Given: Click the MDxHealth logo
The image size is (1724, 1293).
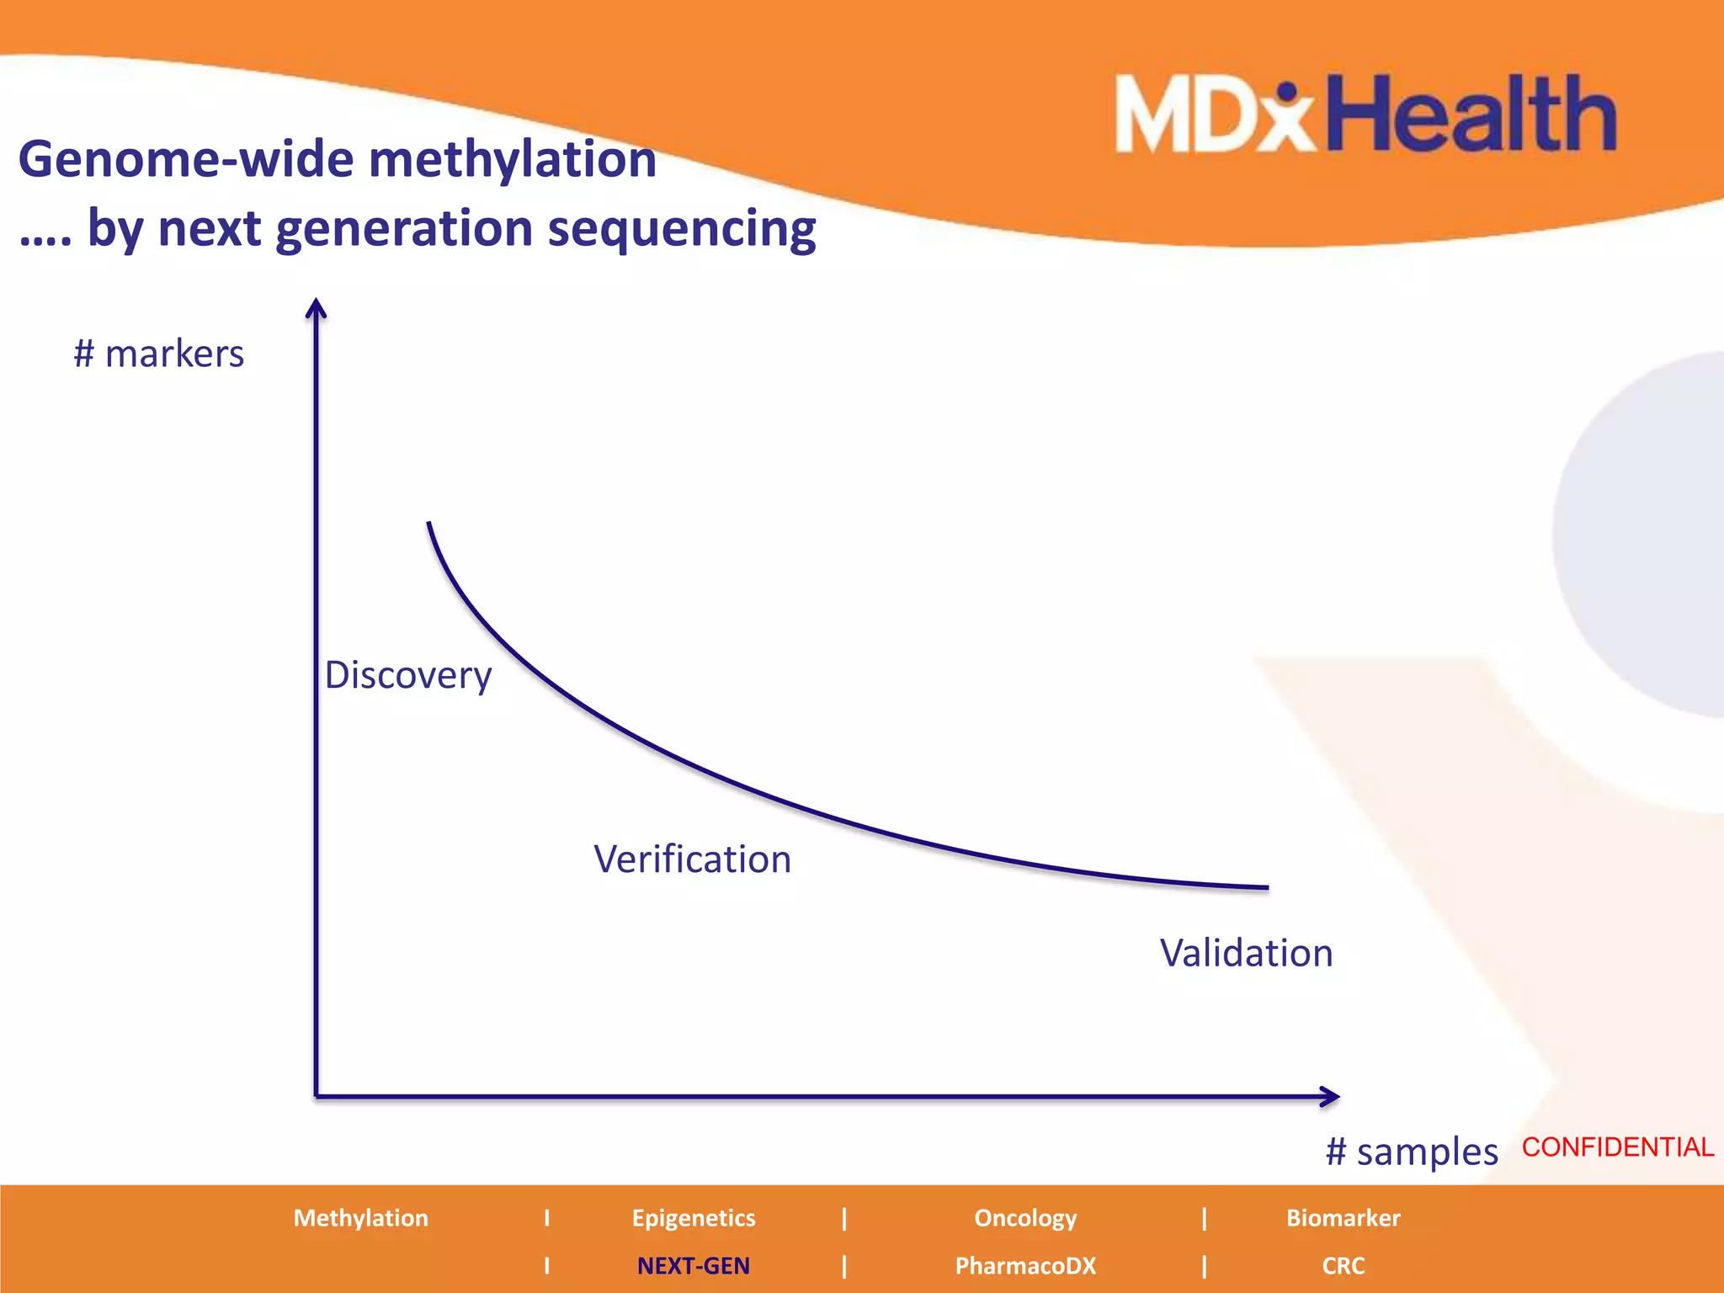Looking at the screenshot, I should [1365, 114].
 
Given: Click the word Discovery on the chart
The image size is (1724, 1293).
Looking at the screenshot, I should [408, 675].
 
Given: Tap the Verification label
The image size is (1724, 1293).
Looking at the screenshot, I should [692, 859].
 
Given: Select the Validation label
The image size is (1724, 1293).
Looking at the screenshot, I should [1246, 953].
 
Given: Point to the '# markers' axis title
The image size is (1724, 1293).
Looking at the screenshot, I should [158, 354].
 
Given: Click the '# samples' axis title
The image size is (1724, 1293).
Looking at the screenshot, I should [1411, 1152].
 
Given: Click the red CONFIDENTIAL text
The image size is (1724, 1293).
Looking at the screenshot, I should [1617, 1147].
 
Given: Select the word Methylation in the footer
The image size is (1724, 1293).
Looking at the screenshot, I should [360, 1218].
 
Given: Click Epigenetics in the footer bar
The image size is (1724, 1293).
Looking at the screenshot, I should [694, 1218].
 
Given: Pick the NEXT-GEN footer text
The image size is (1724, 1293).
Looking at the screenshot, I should [693, 1266].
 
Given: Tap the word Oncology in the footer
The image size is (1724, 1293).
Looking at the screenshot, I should [1025, 1218].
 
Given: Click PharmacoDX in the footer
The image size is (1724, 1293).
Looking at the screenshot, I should [1025, 1266].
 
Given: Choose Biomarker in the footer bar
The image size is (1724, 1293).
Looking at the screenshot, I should [1343, 1218].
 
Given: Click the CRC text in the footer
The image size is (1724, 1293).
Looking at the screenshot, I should [1343, 1266].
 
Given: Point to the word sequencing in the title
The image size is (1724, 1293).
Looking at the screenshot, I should [681, 229].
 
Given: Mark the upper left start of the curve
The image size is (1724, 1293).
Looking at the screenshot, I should [429, 525].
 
